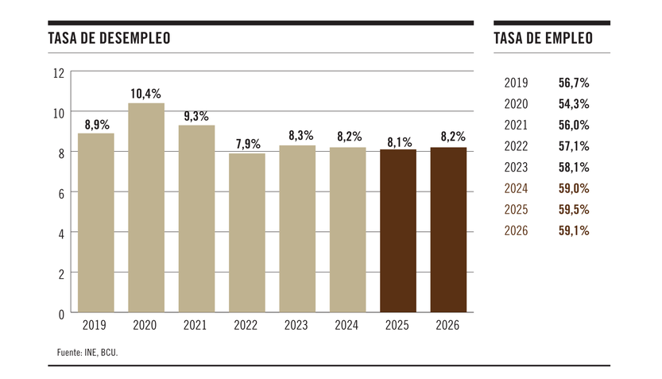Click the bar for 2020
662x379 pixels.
click(146, 207)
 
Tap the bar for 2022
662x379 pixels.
click(247, 233)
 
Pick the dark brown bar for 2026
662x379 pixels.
click(448, 230)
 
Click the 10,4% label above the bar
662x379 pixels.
click(146, 94)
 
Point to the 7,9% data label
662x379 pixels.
click(247, 144)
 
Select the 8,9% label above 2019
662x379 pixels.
click(96, 124)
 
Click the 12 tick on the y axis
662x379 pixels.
click(58, 73)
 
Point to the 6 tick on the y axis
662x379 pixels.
click(60, 193)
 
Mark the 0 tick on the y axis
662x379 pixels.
click(60, 314)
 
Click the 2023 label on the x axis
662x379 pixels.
click(296, 325)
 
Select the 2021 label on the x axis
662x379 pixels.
click(196, 325)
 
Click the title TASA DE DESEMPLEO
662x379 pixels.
click(109, 39)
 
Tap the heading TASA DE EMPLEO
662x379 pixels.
click(543, 39)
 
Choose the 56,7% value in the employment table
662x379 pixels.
click(574, 83)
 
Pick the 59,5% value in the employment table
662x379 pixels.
click(574, 210)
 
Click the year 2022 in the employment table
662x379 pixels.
click(516, 146)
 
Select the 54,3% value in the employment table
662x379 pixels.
click(574, 104)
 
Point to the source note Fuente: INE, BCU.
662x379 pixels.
click(87, 351)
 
